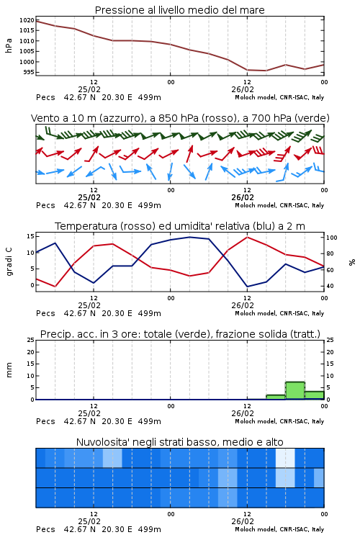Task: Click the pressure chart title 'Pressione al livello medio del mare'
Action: tap(179, 10)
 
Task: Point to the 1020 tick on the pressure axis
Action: tap(27, 20)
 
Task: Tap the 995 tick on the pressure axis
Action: tap(29, 72)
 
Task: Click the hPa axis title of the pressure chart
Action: tap(9, 45)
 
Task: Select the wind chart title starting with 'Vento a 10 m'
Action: tap(180, 118)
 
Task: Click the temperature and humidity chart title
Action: tap(180, 226)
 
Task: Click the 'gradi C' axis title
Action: tap(9, 261)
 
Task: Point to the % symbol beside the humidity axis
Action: tap(352, 262)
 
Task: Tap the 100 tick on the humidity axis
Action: tap(332, 238)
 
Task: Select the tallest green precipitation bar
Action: tap(295, 390)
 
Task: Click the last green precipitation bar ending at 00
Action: tap(315, 395)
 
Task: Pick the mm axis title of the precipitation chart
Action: tap(9, 370)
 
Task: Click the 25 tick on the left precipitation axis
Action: tap(31, 340)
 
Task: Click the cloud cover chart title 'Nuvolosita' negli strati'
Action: tap(180, 442)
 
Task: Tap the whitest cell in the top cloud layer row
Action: tap(285, 458)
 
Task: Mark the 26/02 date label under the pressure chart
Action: tap(243, 89)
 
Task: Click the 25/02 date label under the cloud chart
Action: tap(89, 521)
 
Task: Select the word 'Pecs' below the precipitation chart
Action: tap(45, 421)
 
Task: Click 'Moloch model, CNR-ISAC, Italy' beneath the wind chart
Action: tap(279, 205)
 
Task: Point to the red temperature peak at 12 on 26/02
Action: tap(247, 238)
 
